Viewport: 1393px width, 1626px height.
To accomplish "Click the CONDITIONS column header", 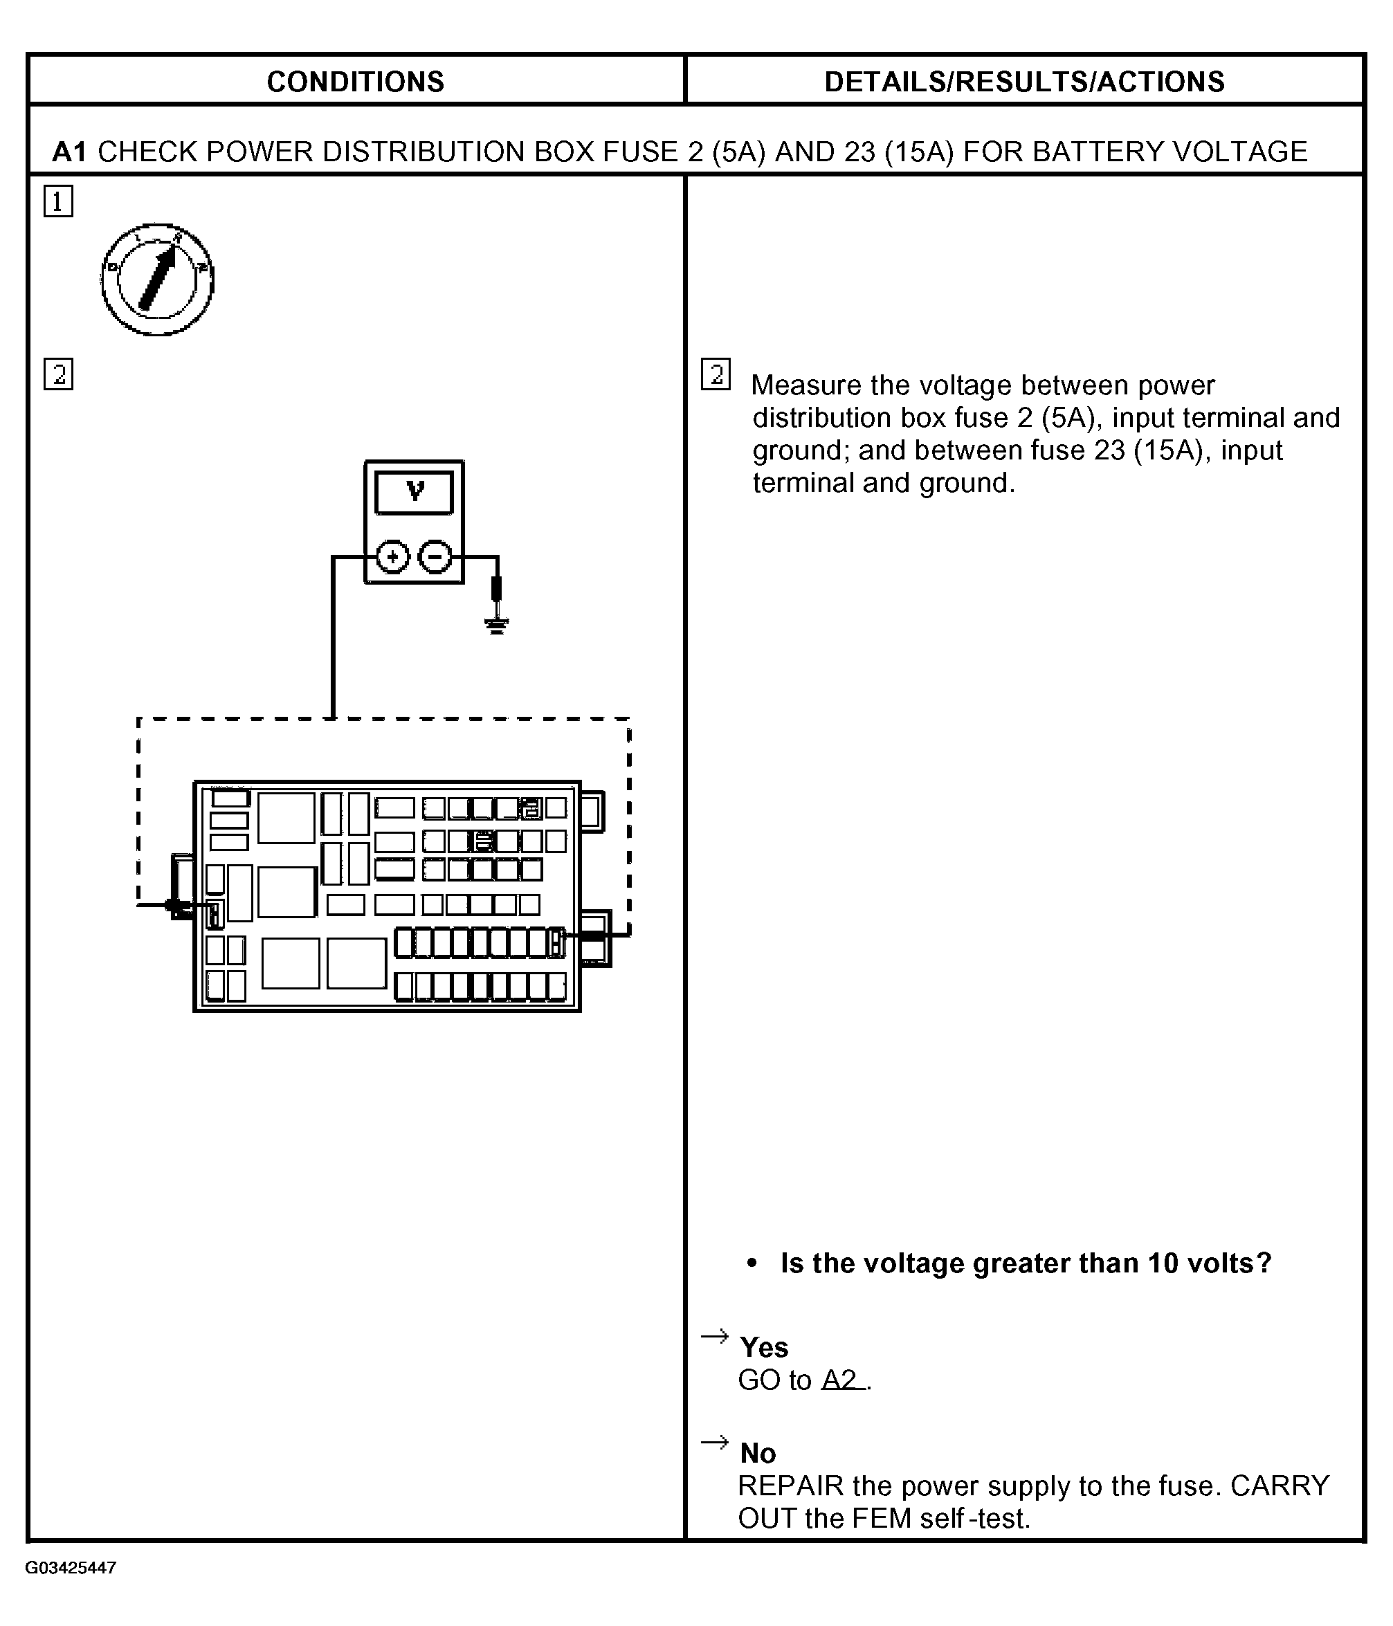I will click(x=355, y=82).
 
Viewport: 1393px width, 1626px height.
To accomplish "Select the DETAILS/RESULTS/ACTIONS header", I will click(x=1023, y=82).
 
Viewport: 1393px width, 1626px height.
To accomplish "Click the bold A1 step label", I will click(x=70, y=152).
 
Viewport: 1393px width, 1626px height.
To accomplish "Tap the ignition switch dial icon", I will click(x=158, y=280).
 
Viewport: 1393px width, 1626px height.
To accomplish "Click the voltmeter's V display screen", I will click(x=415, y=493).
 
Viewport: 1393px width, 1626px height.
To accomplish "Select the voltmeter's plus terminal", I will click(x=392, y=557).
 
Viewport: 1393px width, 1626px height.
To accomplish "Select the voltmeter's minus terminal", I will click(x=435, y=557).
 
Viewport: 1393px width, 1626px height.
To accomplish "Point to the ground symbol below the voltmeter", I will click(x=496, y=625).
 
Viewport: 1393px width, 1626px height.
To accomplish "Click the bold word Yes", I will click(x=763, y=1347).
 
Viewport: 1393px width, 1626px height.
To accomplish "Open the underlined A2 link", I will click(x=841, y=1380).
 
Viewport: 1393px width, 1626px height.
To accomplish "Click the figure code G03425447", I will click(x=71, y=1568).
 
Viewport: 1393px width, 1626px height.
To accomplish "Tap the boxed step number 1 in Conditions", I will click(x=58, y=201).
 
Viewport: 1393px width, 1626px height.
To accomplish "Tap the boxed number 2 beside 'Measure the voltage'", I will click(x=716, y=374).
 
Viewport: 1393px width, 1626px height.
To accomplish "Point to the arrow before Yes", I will click(x=714, y=1336).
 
